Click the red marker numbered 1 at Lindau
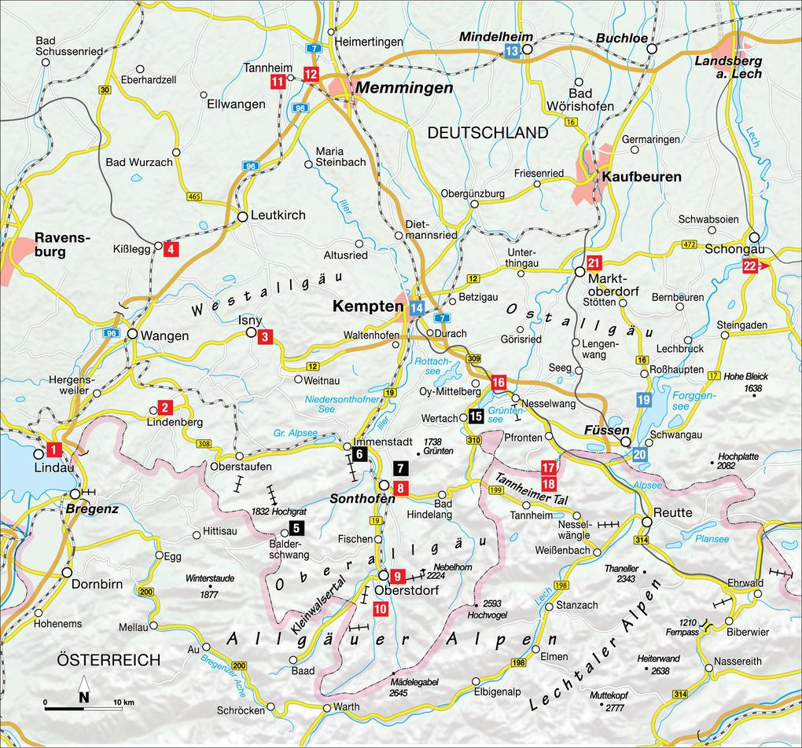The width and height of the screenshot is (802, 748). tap(53, 450)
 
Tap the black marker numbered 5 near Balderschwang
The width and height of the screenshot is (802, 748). tap(296, 529)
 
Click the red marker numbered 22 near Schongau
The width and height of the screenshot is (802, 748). tap(750, 266)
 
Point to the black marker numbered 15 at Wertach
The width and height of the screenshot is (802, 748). tap(476, 416)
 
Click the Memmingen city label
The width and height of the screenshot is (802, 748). tap(404, 88)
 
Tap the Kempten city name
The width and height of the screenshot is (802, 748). tap(367, 306)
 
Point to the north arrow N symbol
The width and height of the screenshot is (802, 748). tap(83, 695)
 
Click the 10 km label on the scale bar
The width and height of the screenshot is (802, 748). tap(123, 702)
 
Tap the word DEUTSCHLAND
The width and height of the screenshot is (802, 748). tap(487, 133)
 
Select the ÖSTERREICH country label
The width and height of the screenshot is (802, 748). tap(109, 659)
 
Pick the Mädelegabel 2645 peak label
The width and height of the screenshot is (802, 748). tap(409, 687)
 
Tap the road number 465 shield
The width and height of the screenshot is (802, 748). tap(193, 196)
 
